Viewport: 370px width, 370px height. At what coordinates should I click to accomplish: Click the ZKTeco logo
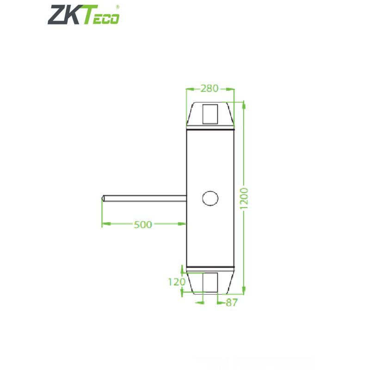pyautogui.click(x=84, y=14)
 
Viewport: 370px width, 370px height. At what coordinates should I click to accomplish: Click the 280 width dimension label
pyautogui.click(x=210, y=88)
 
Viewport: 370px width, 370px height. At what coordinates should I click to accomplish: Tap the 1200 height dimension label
pyautogui.click(x=245, y=198)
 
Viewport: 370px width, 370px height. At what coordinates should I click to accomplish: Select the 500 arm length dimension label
pyautogui.click(x=142, y=224)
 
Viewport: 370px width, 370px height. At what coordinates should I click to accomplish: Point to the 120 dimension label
pyautogui.click(x=176, y=282)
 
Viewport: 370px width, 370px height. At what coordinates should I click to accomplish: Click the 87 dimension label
pyautogui.click(x=231, y=302)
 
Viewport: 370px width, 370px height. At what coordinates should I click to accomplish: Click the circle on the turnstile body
pyautogui.click(x=210, y=198)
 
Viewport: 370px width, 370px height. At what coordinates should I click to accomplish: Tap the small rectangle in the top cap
pyautogui.click(x=210, y=113)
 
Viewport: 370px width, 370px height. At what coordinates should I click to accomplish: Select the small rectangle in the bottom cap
pyautogui.click(x=210, y=283)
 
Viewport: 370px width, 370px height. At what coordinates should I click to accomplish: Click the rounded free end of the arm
pyautogui.click(x=103, y=198)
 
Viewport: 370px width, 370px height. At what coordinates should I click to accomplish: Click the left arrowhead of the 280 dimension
pyautogui.click(x=188, y=88)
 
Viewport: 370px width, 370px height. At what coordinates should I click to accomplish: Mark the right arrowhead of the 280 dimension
pyautogui.click(x=231, y=88)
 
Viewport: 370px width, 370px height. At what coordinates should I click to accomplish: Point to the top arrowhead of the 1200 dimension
pyautogui.click(x=244, y=105)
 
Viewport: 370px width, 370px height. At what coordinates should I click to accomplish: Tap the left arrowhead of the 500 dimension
pyautogui.click(x=105, y=224)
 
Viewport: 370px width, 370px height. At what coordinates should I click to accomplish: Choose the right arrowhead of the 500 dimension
pyautogui.click(x=183, y=224)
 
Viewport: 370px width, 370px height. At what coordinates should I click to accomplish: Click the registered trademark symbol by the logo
pyautogui.click(x=117, y=7)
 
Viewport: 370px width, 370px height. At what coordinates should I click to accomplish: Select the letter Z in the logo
pyautogui.click(x=56, y=14)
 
